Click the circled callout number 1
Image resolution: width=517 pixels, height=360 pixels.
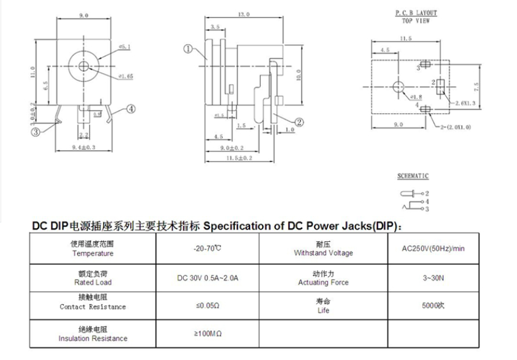(x=187, y=48)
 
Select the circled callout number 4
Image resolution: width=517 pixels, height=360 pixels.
(x=131, y=108)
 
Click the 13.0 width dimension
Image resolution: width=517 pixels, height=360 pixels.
(x=244, y=14)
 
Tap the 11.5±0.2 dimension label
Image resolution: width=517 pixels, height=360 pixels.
(x=239, y=158)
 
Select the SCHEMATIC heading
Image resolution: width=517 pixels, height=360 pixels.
(x=413, y=177)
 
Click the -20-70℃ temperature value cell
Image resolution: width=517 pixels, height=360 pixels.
(x=207, y=248)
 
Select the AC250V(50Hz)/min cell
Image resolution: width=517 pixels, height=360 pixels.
(x=433, y=248)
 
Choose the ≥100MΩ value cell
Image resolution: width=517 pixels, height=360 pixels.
(x=207, y=334)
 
